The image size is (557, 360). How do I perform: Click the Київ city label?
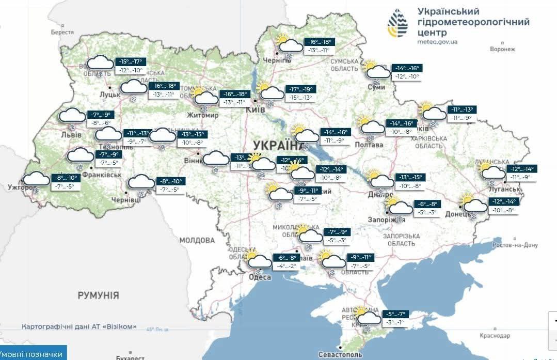(x=256, y=110)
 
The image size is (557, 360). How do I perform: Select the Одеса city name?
(x=260, y=277)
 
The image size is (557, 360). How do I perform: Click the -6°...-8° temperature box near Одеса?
(x=287, y=258)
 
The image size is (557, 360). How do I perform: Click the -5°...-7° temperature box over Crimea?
(x=395, y=314)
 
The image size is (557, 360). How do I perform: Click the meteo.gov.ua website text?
(x=437, y=42)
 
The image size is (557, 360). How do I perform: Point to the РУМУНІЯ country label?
(x=98, y=295)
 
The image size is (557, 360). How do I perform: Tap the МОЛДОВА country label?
(x=197, y=240)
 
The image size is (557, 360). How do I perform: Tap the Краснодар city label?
(x=494, y=336)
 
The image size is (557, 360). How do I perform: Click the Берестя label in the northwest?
(x=62, y=32)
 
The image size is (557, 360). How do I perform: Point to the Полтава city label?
(x=369, y=145)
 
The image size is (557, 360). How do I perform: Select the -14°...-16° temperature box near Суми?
(x=408, y=68)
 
